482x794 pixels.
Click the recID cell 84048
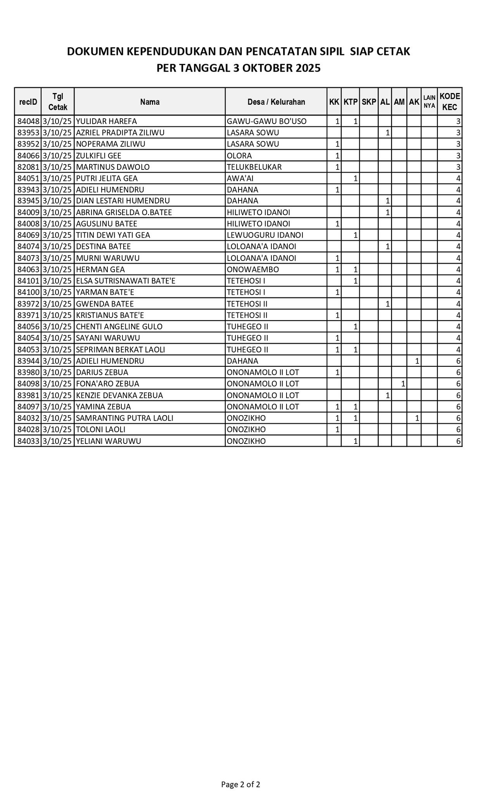click(28, 121)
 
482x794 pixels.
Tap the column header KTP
click(351, 102)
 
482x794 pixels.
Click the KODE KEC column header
click(449, 102)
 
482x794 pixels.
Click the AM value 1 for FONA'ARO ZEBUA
click(403, 384)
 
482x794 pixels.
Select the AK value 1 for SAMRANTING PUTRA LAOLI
click(417, 418)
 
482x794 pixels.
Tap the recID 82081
click(28, 167)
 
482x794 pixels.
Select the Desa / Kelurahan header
click(276, 102)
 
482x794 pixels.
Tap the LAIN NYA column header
click(429, 102)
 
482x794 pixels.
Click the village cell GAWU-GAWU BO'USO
click(267, 121)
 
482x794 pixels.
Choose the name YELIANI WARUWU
click(109, 441)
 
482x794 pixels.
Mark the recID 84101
click(28, 281)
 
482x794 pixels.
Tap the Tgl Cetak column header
click(58, 102)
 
